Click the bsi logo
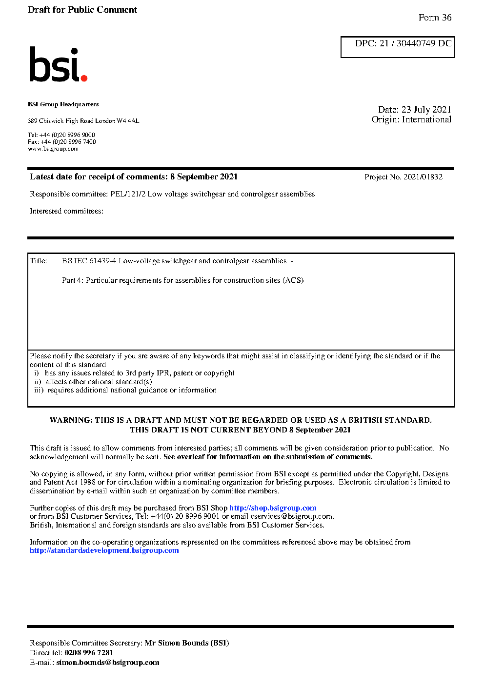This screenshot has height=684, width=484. (57, 64)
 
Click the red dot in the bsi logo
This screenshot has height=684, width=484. (84, 78)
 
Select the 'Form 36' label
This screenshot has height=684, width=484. (435, 18)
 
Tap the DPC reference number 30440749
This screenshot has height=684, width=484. (416, 43)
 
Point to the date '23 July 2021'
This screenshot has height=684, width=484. (426, 110)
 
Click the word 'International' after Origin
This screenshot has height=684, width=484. (426, 119)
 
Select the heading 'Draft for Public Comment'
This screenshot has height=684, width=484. (82, 10)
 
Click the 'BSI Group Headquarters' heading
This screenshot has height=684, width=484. (63, 104)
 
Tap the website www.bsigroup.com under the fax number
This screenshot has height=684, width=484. (53, 149)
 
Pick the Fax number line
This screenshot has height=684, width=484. (61, 142)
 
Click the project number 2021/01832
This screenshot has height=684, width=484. (423, 177)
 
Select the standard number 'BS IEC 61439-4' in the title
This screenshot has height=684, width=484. (89, 261)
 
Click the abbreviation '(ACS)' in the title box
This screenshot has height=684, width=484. (294, 280)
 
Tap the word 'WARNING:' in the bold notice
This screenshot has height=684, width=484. (71, 420)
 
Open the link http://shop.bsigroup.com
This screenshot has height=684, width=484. (273, 508)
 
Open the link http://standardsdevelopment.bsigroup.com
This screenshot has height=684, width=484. (104, 550)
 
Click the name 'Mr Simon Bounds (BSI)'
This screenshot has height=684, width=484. (186, 643)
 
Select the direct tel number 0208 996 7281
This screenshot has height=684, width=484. (89, 653)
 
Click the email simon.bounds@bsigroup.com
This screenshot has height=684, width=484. (108, 663)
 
